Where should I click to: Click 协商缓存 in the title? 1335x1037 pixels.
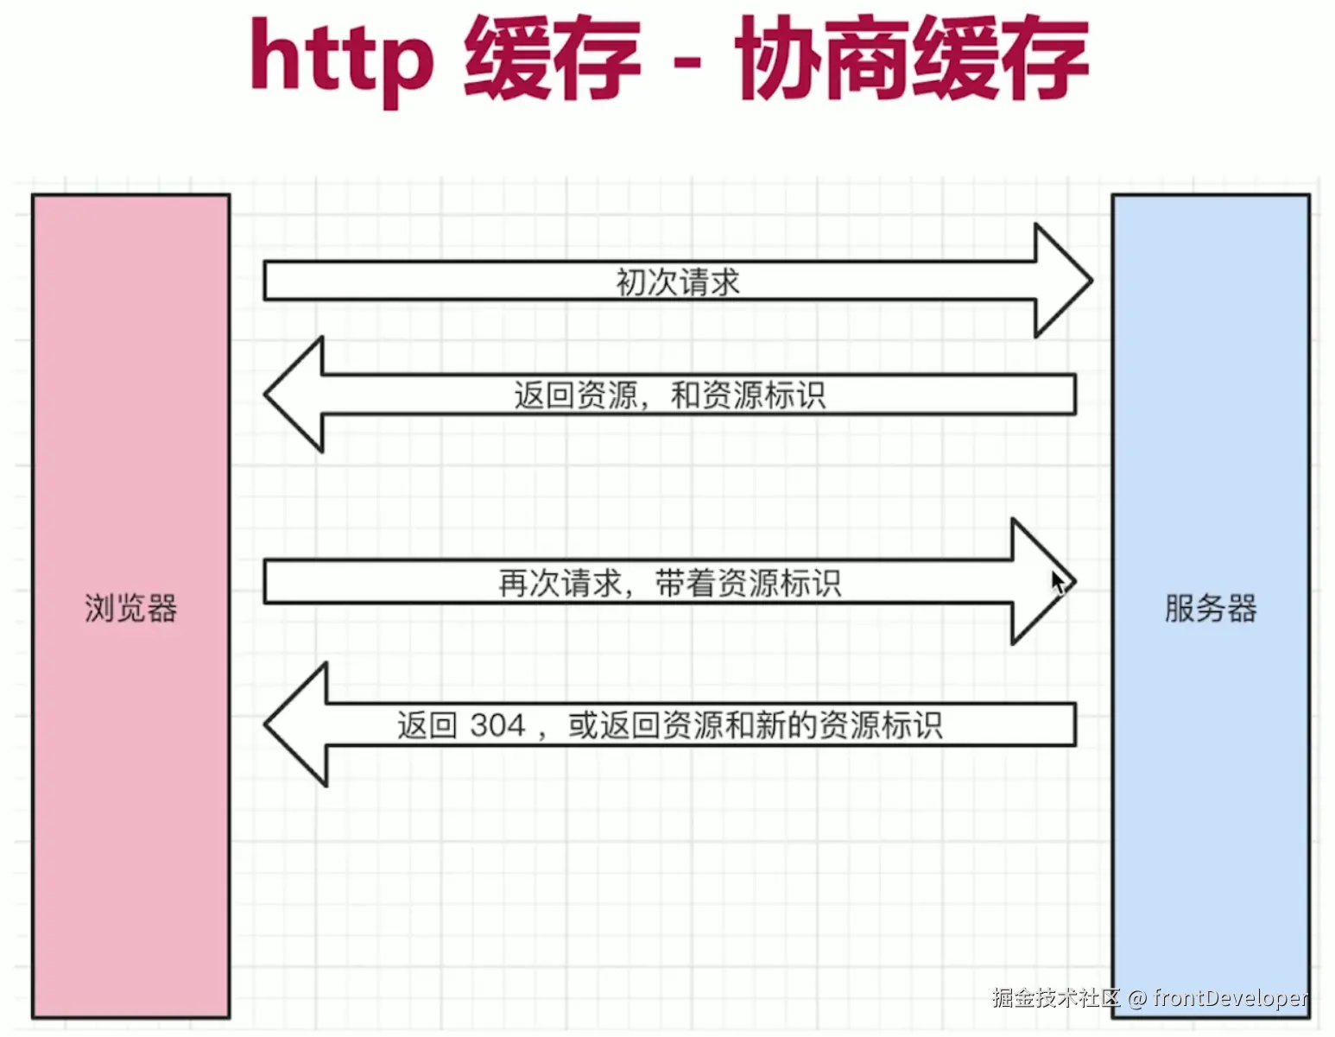point(911,59)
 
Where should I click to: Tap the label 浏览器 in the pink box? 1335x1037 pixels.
point(130,609)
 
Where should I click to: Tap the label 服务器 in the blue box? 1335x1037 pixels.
point(1210,609)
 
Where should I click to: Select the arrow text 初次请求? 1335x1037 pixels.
point(678,282)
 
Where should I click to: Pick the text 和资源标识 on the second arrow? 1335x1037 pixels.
point(748,395)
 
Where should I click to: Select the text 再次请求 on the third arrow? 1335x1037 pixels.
point(560,584)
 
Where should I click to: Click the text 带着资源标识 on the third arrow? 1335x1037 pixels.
point(748,584)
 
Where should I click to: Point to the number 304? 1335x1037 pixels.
point(498,725)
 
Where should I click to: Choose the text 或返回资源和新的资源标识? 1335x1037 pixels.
point(755,725)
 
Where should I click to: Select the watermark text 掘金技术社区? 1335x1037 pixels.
point(1055,998)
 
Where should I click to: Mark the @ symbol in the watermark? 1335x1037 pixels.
point(1136,999)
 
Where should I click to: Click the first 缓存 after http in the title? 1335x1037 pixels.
point(553,59)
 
